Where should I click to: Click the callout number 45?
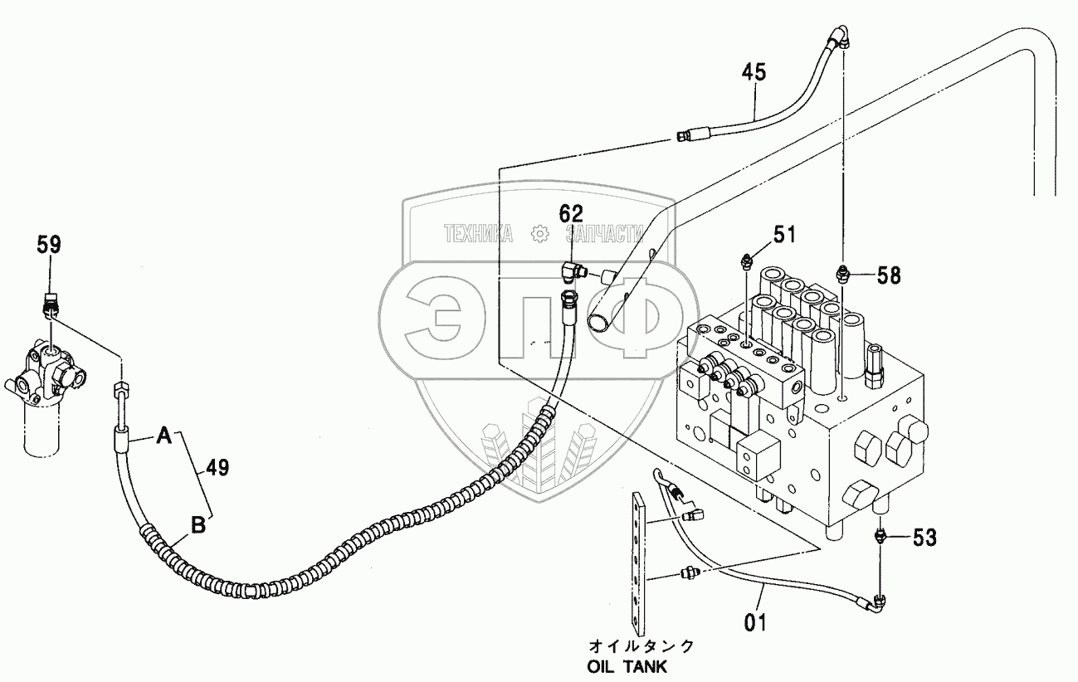coord(754,73)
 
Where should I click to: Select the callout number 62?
coord(571,214)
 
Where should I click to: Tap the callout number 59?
coord(49,245)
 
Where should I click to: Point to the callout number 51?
coord(785,235)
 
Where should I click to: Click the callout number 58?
coord(889,275)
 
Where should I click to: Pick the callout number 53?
coord(925,538)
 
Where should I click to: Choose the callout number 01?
coord(755,623)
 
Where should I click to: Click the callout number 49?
coord(217,467)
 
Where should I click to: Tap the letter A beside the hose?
coord(164,436)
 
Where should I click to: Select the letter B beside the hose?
coord(198,525)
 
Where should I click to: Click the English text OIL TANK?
coord(627,667)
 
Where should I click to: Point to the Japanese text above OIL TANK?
coord(641,645)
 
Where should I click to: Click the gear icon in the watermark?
coord(539,234)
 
